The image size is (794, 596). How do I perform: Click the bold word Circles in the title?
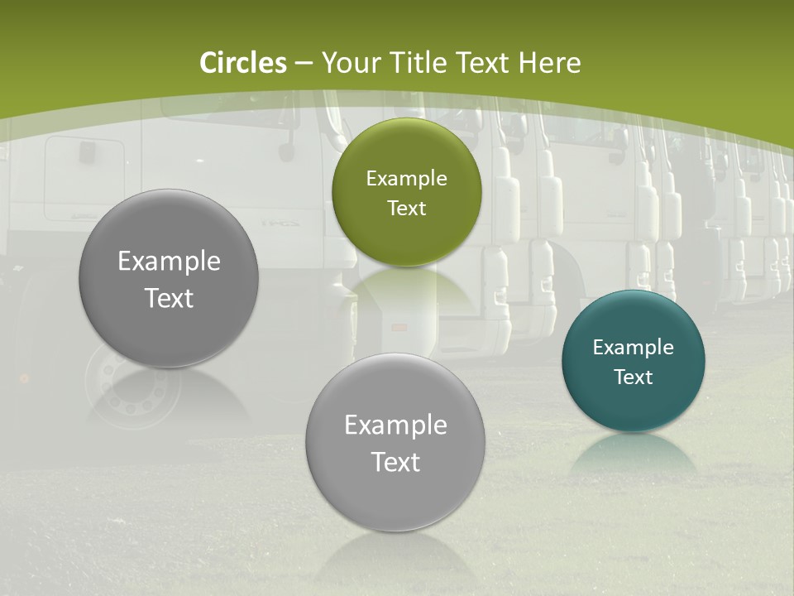click(x=242, y=63)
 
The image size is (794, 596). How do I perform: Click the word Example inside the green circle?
click(x=406, y=179)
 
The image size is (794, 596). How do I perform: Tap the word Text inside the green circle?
click(x=406, y=208)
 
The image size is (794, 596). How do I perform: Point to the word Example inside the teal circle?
click(x=634, y=348)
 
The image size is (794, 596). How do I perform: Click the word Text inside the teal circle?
click(x=634, y=377)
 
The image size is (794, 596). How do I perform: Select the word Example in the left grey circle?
click(x=169, y=262)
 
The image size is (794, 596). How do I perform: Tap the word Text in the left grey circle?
click(x=169, y=298)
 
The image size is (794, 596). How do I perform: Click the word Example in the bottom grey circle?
click(x=395, y=425)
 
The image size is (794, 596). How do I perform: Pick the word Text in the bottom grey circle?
click(x=395, y=462)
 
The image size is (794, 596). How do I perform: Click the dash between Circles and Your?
click(x=304, y=63)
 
